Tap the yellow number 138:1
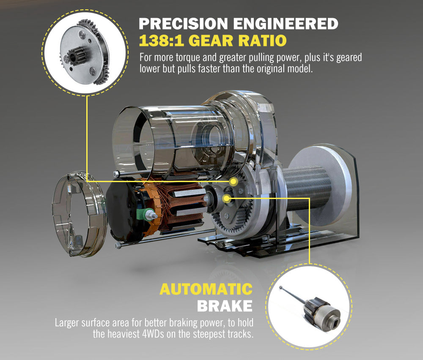(x=162, y=41)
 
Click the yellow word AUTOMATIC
(x=206, y=290)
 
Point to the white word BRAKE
(x=225, y=306)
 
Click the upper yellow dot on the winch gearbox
(x=233, y=181)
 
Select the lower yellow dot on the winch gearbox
(x=227, y=198)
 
